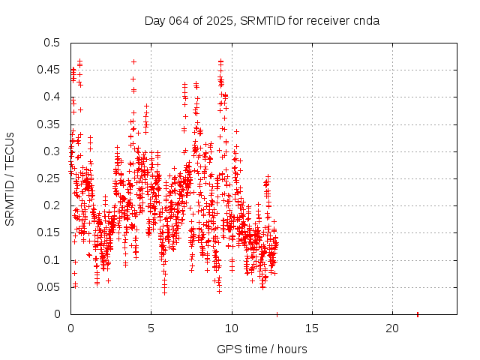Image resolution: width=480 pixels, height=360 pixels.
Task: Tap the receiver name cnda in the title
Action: pos(365,20)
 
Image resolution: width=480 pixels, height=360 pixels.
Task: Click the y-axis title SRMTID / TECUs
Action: pos(10,178)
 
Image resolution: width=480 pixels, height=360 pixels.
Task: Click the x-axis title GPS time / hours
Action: pos(262,349)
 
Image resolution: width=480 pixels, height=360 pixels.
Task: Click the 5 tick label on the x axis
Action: pos(151,328)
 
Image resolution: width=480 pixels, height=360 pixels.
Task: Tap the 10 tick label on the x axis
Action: pos(232,328)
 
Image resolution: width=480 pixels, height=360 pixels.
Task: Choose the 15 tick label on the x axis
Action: pos(312,328)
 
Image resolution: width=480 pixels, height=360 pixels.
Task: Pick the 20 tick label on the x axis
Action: pos(392,328)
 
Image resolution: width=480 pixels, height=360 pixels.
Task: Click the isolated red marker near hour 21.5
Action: pos(418,313)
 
